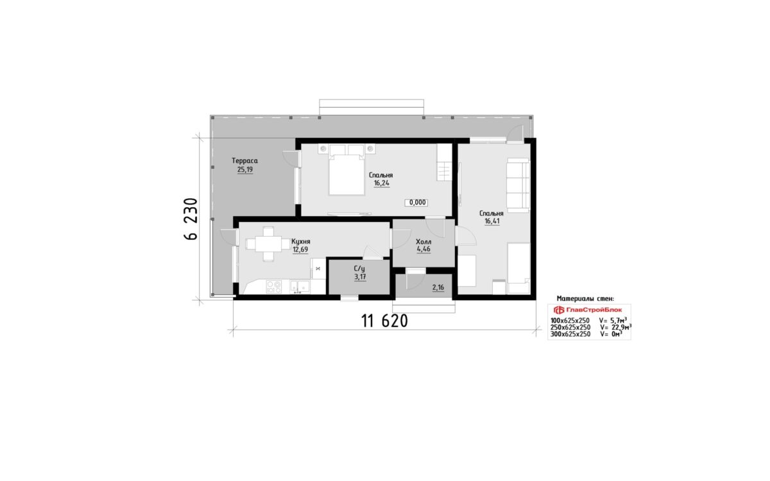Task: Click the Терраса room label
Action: pos(244,161)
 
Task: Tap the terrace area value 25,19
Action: pos(244,169)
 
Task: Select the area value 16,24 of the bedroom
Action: pos(382,183)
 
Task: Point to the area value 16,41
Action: pos(492,221)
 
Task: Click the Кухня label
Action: pos(301,242)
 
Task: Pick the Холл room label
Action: pos(424,242)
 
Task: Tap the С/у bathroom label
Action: pos(359,269)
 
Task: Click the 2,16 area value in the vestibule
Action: pos(438,287)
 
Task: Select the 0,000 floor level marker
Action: pos(416,203)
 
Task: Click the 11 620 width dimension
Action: pos(384,321)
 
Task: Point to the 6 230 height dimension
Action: pos(191,219)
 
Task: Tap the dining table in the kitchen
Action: pos(268,244)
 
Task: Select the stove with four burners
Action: pos(274,287)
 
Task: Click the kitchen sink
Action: pos(300,287)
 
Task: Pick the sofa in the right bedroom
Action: pos(518,185)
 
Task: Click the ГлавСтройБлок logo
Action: pos(588,310)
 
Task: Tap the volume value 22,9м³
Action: pos(615,327)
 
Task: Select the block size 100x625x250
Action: pos(570,321)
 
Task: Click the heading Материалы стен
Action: pos(585,299)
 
